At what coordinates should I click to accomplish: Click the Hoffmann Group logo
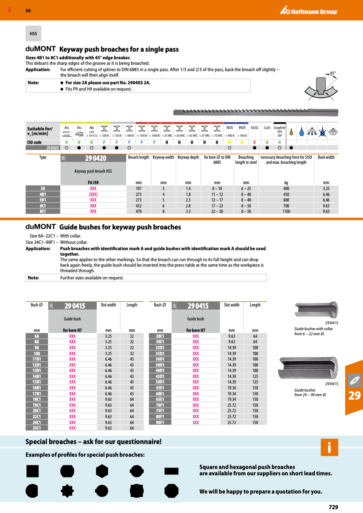coord(308,11)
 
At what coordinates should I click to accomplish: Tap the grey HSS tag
coord(33,33)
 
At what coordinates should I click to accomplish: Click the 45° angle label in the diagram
coord(332,73)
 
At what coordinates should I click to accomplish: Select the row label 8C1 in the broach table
coord(43,211)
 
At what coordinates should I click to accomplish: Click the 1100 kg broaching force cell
coord(286,211)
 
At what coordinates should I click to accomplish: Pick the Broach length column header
coord(139,157)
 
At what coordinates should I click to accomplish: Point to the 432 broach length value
coord(139,206)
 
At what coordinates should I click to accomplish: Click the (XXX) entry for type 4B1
coord(93,194)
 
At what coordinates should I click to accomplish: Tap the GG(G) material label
coord(255,127)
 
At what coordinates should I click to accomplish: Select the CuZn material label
coord(267,127)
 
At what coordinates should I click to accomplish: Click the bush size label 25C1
coord(36,428)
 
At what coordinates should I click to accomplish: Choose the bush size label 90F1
coord(160,422)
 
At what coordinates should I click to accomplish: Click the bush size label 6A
coord(36,336)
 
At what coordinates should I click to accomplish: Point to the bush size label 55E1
coord(160,388)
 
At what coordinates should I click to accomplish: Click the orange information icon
coord(329,447)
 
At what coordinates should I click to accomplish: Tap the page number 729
coord(333,507)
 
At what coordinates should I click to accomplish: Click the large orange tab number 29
coord(354,396)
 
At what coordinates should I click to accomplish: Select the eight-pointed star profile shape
coord(67,491)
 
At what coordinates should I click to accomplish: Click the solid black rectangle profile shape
coord(171,471)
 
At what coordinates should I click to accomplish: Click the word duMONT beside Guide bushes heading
coord(41,226)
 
